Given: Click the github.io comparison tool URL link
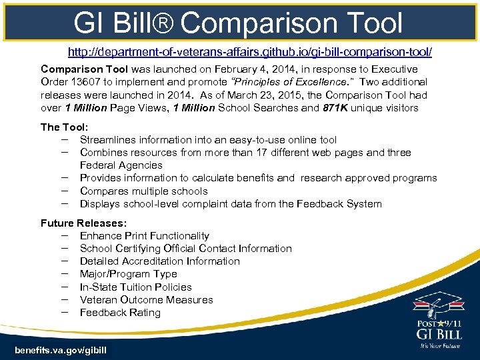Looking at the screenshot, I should point(250,53).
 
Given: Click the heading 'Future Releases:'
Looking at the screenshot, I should point(84,223).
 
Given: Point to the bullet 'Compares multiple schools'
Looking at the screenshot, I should point(143,191).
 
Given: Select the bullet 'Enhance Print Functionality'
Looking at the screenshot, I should point(144,236).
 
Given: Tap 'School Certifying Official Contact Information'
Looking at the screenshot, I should point(185,249).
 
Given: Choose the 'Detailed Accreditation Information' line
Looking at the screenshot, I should point(159,261).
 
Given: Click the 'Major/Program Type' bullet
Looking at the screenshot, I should point(128,274).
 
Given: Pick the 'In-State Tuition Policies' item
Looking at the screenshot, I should point(135,287).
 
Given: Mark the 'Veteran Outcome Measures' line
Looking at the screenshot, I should point(146,300).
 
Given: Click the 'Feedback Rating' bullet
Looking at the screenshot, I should point(120,313).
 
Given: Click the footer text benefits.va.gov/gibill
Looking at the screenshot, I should point(60,350).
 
